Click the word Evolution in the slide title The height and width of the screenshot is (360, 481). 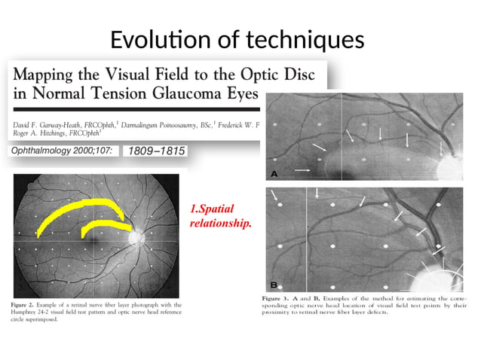click(x=158, y=39)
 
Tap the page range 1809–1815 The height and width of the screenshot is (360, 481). click(x=154, y=151)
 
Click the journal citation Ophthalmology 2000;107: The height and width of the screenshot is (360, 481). click(x=60, y=151)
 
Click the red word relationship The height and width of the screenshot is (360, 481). click(x=222, y=223)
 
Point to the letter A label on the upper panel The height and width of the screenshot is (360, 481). click(x=274, y=174)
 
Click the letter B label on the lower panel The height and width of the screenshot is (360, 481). click(x=274, y=285)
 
